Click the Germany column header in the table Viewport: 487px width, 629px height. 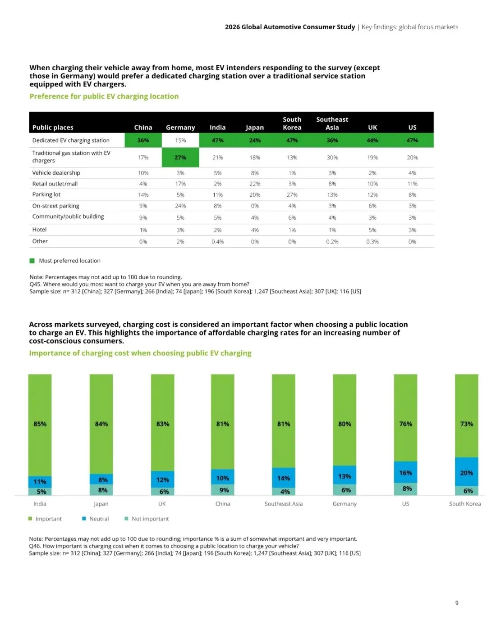click(x=180, y=127)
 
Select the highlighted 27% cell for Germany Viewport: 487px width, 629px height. click(x=180, y=158)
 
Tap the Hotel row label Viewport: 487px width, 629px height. click(x=40, y=230)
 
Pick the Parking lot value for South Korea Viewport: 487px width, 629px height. click(x=292, y=195)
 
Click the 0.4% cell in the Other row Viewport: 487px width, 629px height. click(x=218, y=242)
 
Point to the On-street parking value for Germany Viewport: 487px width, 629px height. click(x=180, y=206)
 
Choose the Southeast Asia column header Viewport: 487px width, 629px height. click(x=332, y=123)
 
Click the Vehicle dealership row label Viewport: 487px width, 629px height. click(x=56, y=173)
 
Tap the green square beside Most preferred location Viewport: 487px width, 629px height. click(x=32, y=261)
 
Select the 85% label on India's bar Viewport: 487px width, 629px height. click(x=40, y=424)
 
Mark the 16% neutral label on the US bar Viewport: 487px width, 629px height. click(x=405, y=473)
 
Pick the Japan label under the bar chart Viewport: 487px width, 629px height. click(x=101, y=504)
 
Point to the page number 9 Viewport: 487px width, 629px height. click(x=457, y=603)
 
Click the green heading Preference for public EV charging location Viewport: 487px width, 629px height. click(x=104, y=96)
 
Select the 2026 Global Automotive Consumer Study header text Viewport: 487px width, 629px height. click(x=290, y=27)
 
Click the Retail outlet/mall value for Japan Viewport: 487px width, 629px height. click(x=255, y=184)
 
